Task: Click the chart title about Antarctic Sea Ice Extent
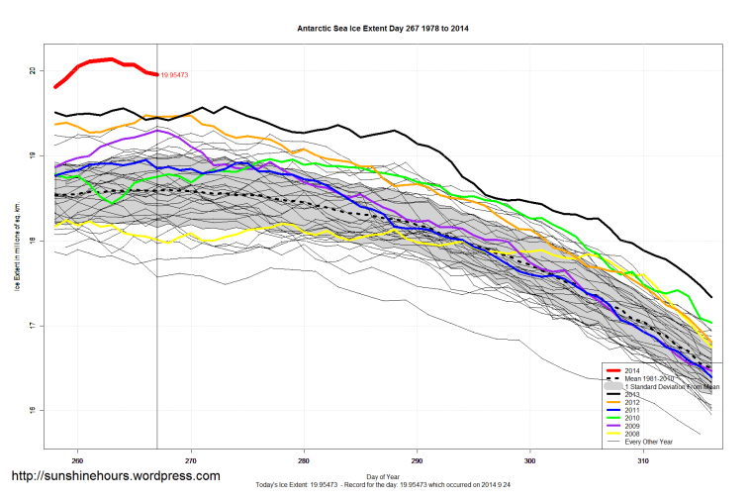[383, 29]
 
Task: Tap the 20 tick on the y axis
[33, 71]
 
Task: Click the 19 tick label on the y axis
[33, 156]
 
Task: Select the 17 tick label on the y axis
[33, 327]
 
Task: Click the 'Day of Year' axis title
[383, 476]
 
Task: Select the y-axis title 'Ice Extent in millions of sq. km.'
[17, 242]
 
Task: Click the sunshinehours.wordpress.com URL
[115, 476]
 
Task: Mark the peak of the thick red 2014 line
[111, 59]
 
